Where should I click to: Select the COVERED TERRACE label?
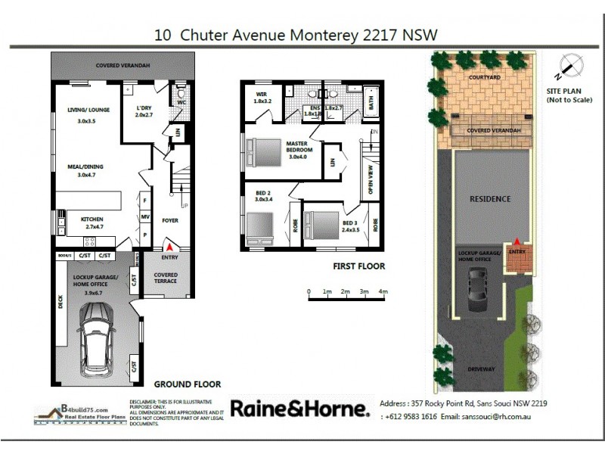pos(166,278)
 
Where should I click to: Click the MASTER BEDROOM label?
pos(299,147)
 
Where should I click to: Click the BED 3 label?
pos(349,224)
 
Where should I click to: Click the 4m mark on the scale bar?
pos(383,291)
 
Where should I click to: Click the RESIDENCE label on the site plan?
pos(490,199)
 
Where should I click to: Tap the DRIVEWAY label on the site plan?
pos(482,369)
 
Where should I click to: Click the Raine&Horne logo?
pos(299,409)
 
